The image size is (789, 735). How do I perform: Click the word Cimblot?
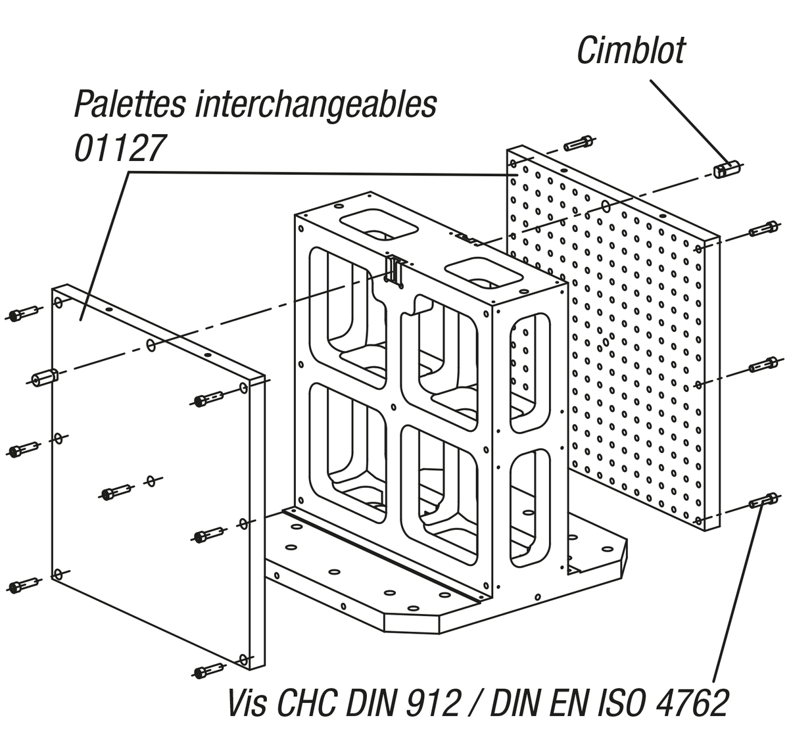[x=631, y=51]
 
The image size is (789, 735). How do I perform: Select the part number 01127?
[x=117, y=149]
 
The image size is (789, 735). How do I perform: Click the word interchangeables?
[x=316, y=103]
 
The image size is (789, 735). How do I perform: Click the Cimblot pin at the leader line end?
[x=726, y=168]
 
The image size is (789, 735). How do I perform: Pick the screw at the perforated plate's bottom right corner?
[x=763, y=500]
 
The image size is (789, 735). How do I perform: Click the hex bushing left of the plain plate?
[x=45, y=377]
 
